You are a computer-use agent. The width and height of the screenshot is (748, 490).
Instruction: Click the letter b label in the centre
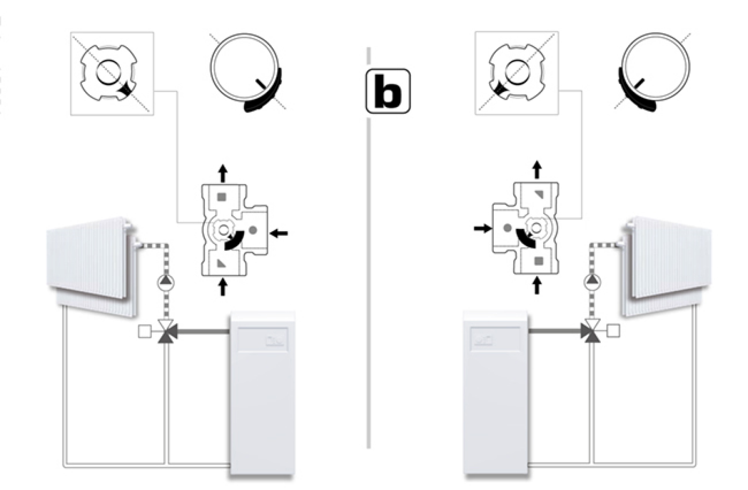point(388,91)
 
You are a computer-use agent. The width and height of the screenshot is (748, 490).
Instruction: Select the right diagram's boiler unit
point(496,392)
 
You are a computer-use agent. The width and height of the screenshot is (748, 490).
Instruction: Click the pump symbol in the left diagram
point(165,283)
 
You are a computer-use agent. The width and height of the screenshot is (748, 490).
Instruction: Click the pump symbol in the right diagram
point(593,282)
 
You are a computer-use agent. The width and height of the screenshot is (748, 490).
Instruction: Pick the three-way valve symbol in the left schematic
point(165,332)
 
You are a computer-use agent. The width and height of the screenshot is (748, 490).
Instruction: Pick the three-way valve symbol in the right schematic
point(592,332)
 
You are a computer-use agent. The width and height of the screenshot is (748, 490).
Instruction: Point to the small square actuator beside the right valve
point(613,331)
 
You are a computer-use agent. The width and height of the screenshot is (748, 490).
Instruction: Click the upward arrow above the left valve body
point(223,173)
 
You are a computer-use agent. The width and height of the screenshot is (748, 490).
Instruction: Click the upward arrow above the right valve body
point(537,170)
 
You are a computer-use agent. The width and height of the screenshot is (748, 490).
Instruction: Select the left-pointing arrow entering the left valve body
point(280,232)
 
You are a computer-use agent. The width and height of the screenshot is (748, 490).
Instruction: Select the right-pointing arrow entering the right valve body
point(482,228)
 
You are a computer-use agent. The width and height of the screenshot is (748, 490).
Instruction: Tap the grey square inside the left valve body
point(222,197)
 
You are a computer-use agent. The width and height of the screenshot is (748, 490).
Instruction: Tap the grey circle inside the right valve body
point(508,228)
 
